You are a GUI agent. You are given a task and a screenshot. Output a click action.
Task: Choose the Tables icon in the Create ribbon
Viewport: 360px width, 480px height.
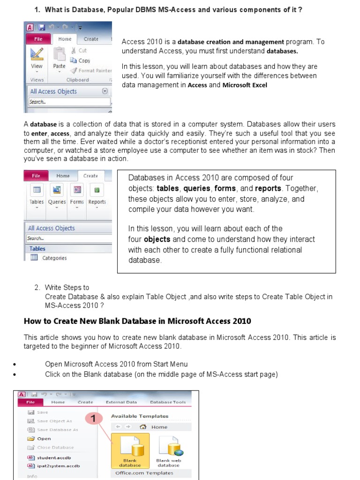[x=37, y=194]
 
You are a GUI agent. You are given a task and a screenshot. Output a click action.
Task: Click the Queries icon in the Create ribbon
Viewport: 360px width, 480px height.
[x=57, y=194]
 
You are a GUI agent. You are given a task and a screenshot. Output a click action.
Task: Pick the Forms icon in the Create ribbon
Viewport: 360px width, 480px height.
[x=77, y=194]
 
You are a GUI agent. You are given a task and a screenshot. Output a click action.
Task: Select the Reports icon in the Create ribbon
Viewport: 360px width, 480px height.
[x=97, y=194]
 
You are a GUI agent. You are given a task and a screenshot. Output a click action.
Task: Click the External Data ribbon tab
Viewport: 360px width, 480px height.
[x=121, y=402]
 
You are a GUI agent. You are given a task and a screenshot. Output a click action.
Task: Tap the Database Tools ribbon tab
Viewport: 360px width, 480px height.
[x=168, y=402]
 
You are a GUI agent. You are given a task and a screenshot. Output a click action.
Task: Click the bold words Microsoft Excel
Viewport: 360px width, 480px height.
[x=245, y=85]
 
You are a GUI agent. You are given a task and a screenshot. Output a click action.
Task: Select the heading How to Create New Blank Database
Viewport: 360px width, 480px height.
[x=137, y=321]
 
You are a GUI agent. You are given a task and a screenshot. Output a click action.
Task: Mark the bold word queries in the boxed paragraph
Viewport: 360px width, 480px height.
[x=197, y=188]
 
